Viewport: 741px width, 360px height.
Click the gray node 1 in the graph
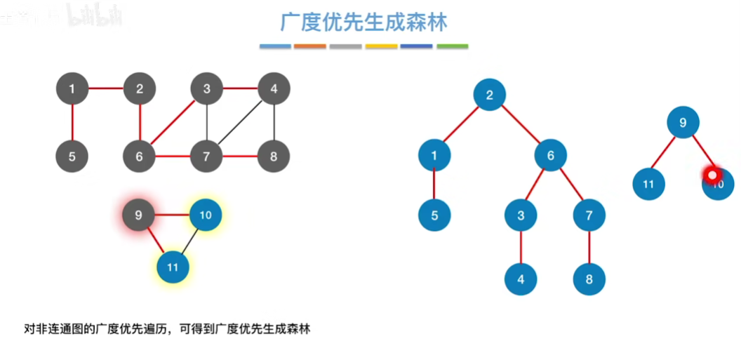[x=72, y=89]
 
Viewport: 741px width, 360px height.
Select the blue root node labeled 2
[x=490, y=95]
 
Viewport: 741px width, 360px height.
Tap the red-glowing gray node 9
[x=139, y=215]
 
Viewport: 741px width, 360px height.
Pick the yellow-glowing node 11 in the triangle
[x=173, y=267]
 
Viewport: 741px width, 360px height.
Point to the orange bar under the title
[x=310, y=46]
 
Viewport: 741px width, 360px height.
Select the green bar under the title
[x=452, y=46]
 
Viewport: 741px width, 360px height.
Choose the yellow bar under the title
[x=381, y=46]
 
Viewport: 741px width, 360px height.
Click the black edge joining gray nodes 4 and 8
[x=274, y=123]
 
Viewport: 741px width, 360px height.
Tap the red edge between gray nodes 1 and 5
[x=72, y=123]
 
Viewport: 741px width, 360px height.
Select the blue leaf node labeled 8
[x=589, y=279]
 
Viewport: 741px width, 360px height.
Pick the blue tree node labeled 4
[x=521, y=279]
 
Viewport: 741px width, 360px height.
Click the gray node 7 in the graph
[x=206, y=156]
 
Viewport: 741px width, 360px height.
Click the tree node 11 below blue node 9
[x=648, y=185]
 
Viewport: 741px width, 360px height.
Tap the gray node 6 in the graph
[x=139, y=156]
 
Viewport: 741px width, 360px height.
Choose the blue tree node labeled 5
[x=434, y=215]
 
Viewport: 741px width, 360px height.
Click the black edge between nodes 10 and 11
[x=189, y=241]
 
